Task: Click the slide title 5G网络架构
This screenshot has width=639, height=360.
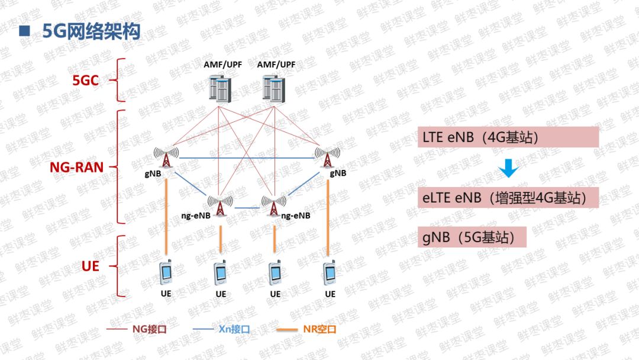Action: click(x=91, y=31)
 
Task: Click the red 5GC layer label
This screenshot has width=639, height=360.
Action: click(x=85, y=81)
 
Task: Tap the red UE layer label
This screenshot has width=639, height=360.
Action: click(x=90, y=266)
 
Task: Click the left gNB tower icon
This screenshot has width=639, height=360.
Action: click(x=167, y=157)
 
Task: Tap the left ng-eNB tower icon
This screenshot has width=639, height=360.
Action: click(x=220, y=205)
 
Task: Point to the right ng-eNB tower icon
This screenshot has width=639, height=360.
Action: click(x=273, y=205)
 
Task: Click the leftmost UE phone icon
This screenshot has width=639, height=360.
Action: click(x=166, y=272)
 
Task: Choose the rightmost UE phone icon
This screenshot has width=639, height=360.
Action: click(x=330, y=272)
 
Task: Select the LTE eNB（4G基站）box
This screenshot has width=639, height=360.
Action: click(x=508, y=137)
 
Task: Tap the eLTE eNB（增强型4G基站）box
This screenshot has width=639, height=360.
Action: click(x=508, y=197)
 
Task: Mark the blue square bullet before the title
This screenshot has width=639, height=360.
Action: click(x=24, y=31)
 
